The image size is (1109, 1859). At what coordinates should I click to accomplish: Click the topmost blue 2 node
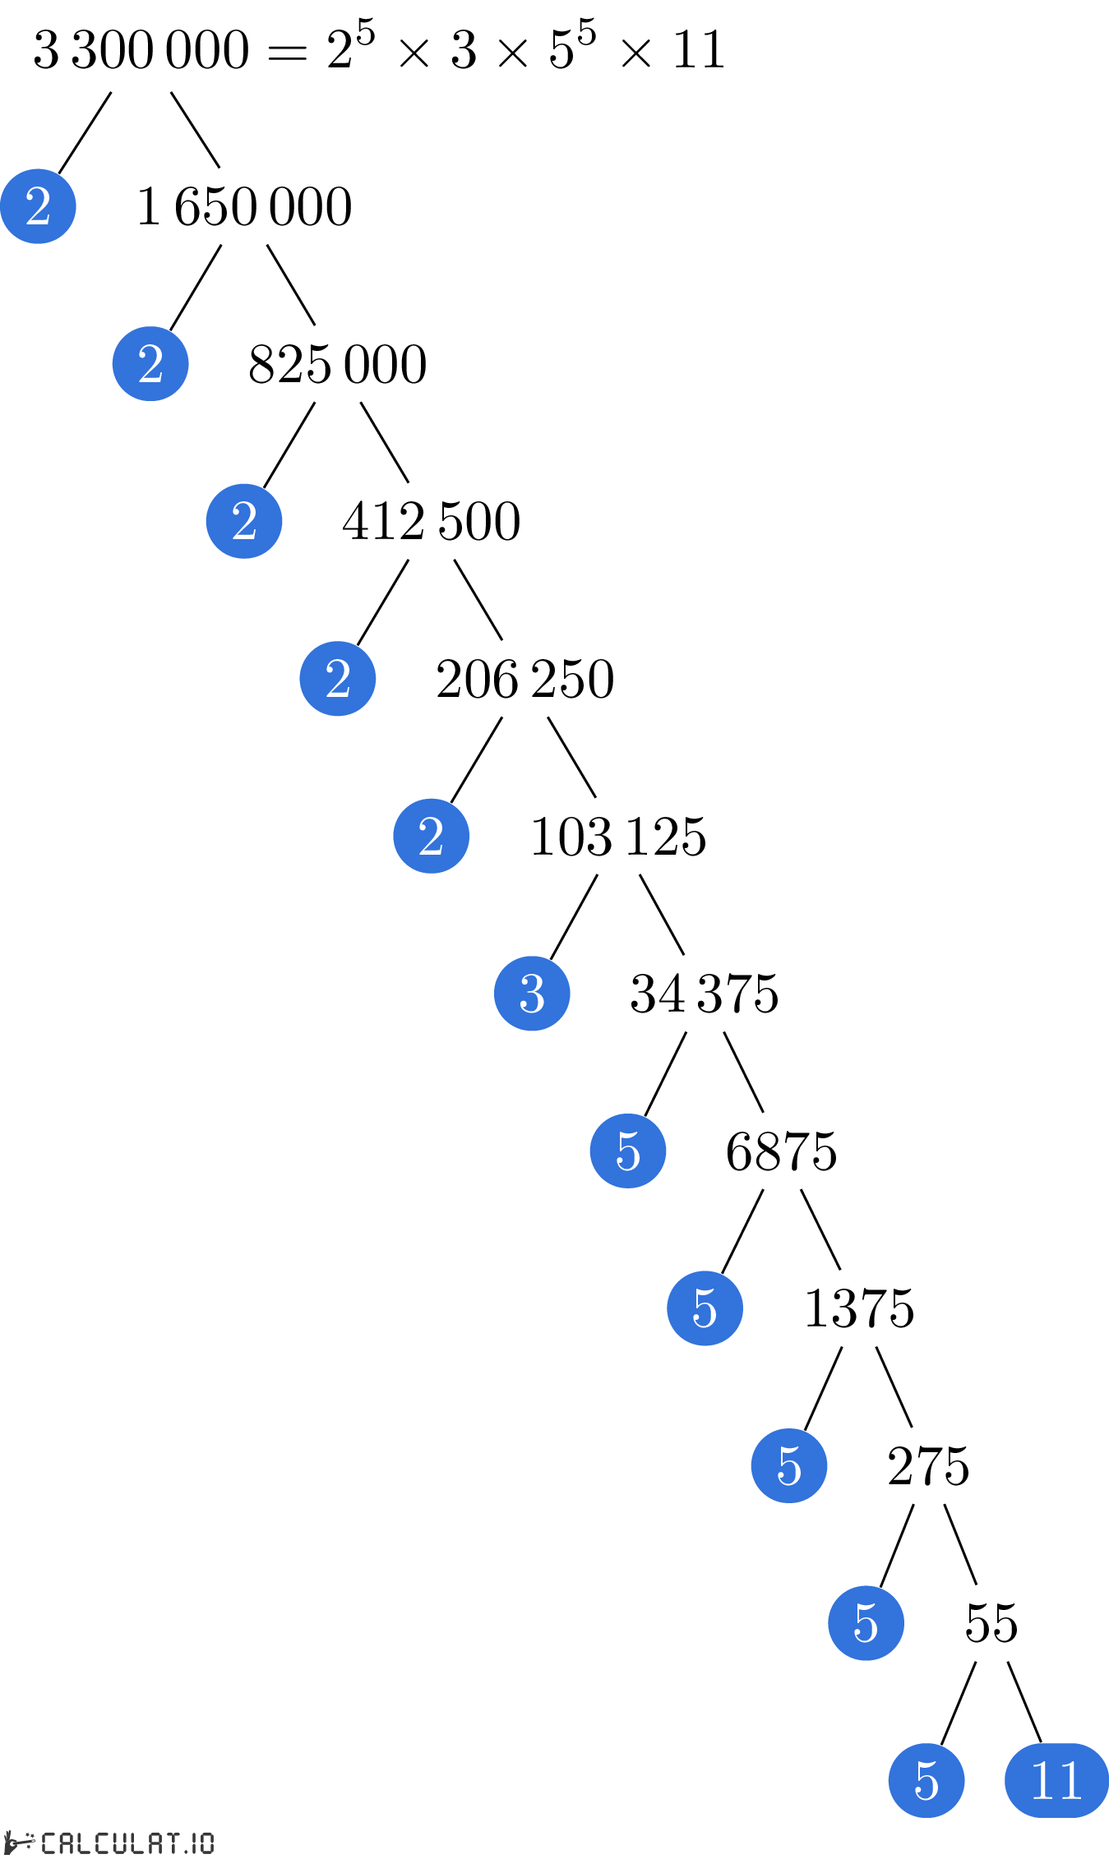pos(38,206)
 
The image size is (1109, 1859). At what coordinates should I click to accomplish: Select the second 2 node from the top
pos(150,363)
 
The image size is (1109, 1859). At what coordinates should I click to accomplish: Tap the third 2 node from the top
pos(244,521)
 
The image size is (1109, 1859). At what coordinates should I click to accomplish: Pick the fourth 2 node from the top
pos(338,679)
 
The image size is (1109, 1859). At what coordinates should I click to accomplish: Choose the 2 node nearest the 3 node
pos(431,836)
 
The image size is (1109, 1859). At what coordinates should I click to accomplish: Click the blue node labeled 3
pos(532,994)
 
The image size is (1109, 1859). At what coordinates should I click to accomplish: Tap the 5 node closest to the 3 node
pos(628,1151)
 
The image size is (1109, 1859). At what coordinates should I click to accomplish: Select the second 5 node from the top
pos(705,1308)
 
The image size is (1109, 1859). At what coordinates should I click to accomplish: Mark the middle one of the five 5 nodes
pos(789,1465)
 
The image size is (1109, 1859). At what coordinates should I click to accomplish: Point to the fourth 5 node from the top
pos(866,1623)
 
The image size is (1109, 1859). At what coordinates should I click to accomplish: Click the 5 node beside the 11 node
pos(926,1780)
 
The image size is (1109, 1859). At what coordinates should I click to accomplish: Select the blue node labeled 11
pos(1056,1780)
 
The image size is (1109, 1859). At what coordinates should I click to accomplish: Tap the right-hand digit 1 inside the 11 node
pos(1070,1780)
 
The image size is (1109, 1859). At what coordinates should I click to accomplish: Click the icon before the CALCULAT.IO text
pos(20,1843)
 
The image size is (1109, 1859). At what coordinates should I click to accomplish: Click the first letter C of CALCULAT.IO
pos(49,1843)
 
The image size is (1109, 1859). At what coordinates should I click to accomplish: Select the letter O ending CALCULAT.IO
pos(206,1843)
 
